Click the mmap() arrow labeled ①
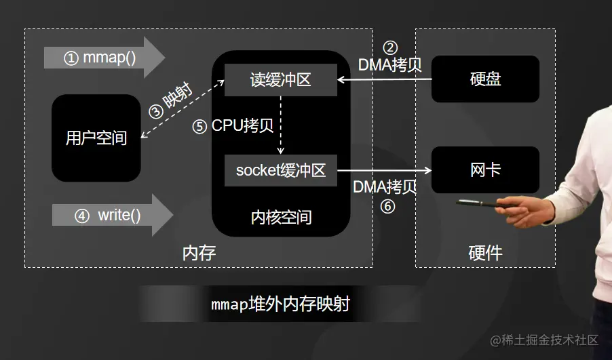click(x=102, y=58)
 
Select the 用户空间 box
click(x=96, y=138)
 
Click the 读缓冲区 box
click(x=281, y=80)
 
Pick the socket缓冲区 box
click(x=281, y=170)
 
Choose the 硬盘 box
click(x=485, y=79)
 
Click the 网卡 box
click(x=485, y=169)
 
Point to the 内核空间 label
click(x=281, y=218)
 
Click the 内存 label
click(x=199, y=254)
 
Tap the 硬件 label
click(x=485, y=254)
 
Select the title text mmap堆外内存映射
click(x=280, y=304)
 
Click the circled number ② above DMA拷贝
click(x=390, y=48)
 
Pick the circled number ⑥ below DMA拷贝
click(x=387, y=207)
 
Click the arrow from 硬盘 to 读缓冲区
click(x=384, y=80)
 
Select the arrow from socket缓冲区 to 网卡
click(x=385, y=170)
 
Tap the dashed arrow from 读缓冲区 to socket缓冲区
click(x=281, y=125)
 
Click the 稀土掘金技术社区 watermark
click(x=544, y=340)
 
